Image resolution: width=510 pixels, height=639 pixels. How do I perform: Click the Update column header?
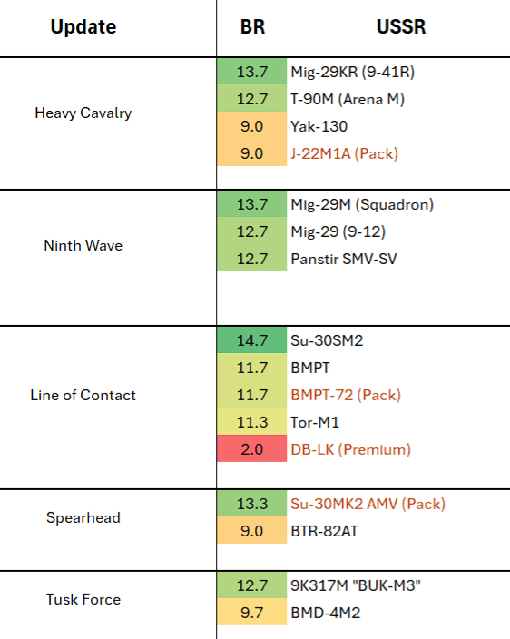click(x=83, y=27)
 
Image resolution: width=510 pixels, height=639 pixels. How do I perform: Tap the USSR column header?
click(x=401, y=26)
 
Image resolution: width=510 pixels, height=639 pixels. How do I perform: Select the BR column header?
click(x=252, y=26)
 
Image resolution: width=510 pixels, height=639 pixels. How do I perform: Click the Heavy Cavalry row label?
click(x=83, y=113)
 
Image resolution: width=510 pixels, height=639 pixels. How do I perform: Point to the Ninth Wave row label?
click(x=83, y=245)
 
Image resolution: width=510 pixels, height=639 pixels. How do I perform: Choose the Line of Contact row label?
click(x=83, y=395)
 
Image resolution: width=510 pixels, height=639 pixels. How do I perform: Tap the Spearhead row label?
click(x=83, y=517)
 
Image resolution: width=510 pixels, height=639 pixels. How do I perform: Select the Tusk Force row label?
click(x=83, y=599)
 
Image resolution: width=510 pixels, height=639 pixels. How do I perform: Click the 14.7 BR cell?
click(x=251, y=339)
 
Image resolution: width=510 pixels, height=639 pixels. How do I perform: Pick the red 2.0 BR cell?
click(x=251, y=448)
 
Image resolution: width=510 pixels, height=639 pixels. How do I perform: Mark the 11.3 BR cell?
click(x=251, y=422)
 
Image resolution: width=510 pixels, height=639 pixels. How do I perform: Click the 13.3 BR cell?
click(x=251, y=503)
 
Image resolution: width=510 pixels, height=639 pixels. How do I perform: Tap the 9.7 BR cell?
click(x=251, y=612)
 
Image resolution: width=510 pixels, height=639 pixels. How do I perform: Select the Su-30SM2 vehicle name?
click(x=327, y=340)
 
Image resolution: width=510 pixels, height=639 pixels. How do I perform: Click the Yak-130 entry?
click(x=319, y=126)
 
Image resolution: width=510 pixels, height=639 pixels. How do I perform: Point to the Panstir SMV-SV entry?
click(x=344, y=259)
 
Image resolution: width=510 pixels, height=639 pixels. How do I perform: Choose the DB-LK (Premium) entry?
click(x=350, y=449)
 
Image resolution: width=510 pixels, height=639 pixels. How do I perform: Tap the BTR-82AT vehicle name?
click(x=324, y=531)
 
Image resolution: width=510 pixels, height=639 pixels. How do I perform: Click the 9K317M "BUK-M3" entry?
click(x=356, y=585)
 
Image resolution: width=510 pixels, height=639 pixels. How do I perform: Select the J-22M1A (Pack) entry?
click(x=344, y=153)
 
